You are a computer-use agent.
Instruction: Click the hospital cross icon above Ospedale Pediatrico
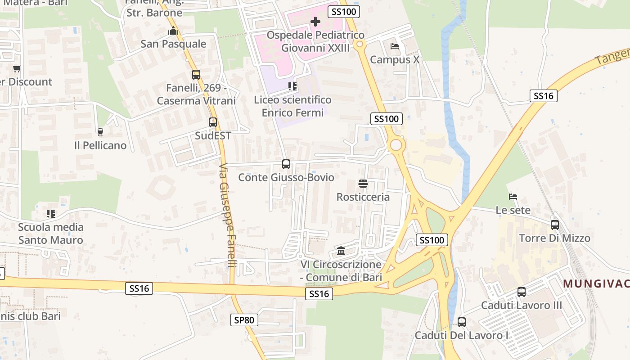point(315,21)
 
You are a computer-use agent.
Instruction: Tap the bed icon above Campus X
point(395,46)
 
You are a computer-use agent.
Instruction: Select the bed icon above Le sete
point(513,196)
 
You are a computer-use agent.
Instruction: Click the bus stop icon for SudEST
point(213,122)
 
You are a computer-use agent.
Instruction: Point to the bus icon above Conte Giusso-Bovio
point(286,164)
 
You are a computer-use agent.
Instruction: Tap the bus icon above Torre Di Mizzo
point(555,225)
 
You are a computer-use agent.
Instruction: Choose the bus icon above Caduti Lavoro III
point(522,292)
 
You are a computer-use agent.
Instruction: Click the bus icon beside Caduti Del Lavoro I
point(462,322)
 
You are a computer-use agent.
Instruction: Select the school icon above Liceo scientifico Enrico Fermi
point(292,86)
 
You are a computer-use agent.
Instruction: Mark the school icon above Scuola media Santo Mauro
point(51,214)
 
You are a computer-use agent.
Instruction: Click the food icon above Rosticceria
point(363,183)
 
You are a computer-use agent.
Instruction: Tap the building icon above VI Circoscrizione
point(341,251)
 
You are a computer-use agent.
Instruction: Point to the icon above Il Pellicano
point(100,132)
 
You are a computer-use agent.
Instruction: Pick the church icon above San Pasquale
point(173,31)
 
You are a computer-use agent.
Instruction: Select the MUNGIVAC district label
point(596,283)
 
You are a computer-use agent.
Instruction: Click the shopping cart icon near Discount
point(17,68)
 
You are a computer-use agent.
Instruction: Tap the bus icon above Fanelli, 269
point(196,74)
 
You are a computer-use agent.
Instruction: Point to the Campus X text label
point(395,60)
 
